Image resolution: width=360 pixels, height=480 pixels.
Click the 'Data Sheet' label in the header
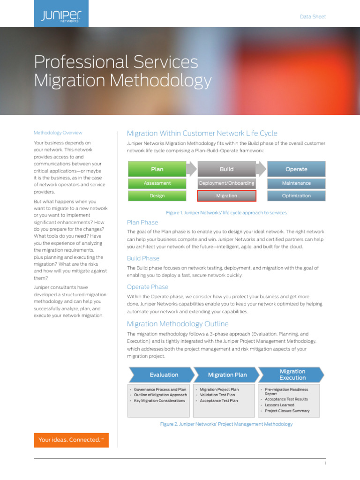pyautogui.click(x=313, y=17)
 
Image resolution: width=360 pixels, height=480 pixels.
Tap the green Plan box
pyautogui.click(x=157, y=169)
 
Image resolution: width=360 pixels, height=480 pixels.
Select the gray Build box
pyautogui.click(x=226, y=169)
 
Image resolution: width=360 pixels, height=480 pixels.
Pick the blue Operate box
pyautogui.click(x=296, y=169)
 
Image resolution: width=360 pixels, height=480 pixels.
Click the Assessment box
pyautogui.click(x=157, y=183)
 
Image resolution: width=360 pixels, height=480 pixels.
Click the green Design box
pyautogui.click(x=157, y=196)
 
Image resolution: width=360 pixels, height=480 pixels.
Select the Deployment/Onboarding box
pyautogui.click(x=226, y=183)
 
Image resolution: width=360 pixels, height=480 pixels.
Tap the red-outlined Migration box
pyautogui.click(x=226, y=196)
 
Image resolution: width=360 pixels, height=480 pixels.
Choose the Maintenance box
pyautogui.click(x=296, y=183)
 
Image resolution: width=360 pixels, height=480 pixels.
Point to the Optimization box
pyautogui.click(x=296, y=196)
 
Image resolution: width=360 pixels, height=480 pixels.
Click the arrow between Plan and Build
pyautogui.click(x=192, y=169)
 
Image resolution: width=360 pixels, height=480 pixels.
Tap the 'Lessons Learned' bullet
pyautogui.click(x=279, y=405)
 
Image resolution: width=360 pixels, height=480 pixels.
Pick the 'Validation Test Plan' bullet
pyautogui.click(x=218, y=395)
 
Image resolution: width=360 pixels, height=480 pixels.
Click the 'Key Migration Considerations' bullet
pyautogui.click(x=159, y=401)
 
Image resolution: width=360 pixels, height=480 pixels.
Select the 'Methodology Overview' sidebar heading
pyautogui.click(x=58, y=133)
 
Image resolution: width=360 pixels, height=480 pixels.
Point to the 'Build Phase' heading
pyautogui.click(x=143, y=258)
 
